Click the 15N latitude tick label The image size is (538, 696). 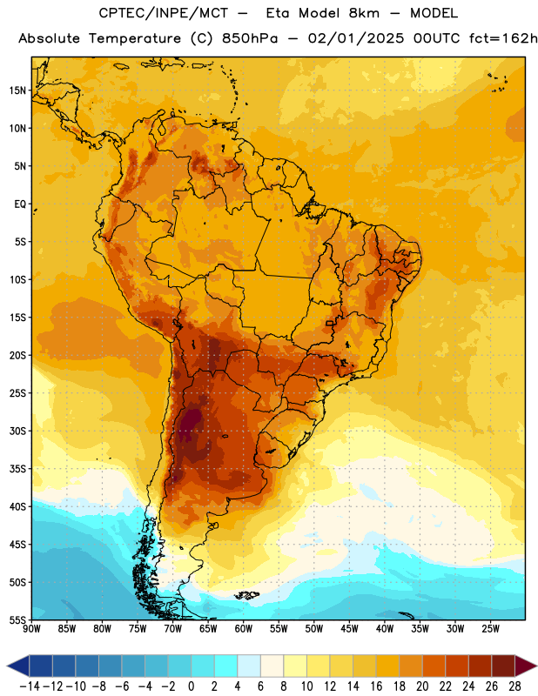[x=17, y=90]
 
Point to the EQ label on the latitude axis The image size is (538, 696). [x=20, y=204]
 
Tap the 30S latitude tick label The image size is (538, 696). [x=17, y=431]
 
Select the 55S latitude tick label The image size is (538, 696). [x=17, y=619]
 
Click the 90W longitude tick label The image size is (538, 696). [x=31, y=628]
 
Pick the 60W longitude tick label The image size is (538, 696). [x=244, y=628]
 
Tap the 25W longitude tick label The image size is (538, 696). [x=490, y=628]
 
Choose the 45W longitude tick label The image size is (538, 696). [x=349, y=628]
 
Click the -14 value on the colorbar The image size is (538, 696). [x=30, y=686]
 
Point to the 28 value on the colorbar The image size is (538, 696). [x=514, y=686]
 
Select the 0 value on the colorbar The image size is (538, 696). [x=192, y=686]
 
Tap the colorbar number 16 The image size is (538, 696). [x=376, y=686]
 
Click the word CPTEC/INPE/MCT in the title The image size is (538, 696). [x=163, y=13]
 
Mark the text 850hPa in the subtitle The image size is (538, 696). [x=250, y=38]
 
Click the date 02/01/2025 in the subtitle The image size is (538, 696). [x=356, y=38]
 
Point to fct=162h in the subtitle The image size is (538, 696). [x=503, y=38]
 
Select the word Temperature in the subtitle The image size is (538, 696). [x=135, y=39]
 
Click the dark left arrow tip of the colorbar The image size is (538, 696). [x=8, y=666]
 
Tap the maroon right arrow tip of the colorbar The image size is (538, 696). [x=535, y=666]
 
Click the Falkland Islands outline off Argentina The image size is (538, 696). [x=247, y=595]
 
